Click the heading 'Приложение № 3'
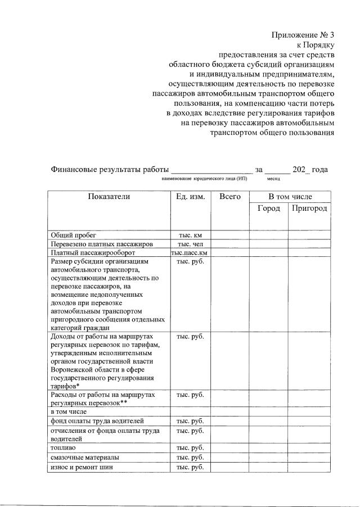pos(303,35)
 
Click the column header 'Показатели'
pos(109,197)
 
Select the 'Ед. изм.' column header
pos(190,197)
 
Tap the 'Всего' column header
pos(230,197)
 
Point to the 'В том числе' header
pos(290,197)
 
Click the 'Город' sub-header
pos(269,209)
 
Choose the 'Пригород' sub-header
pos(309,209)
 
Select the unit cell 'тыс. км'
pos(190,235)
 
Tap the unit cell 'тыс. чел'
pos(190,244)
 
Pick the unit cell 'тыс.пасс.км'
pos(190,253)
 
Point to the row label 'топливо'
pos(62,448)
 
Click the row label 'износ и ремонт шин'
pos(80,467)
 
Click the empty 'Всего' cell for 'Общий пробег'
pos(230,235)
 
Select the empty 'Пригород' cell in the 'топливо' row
pos(309,448)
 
